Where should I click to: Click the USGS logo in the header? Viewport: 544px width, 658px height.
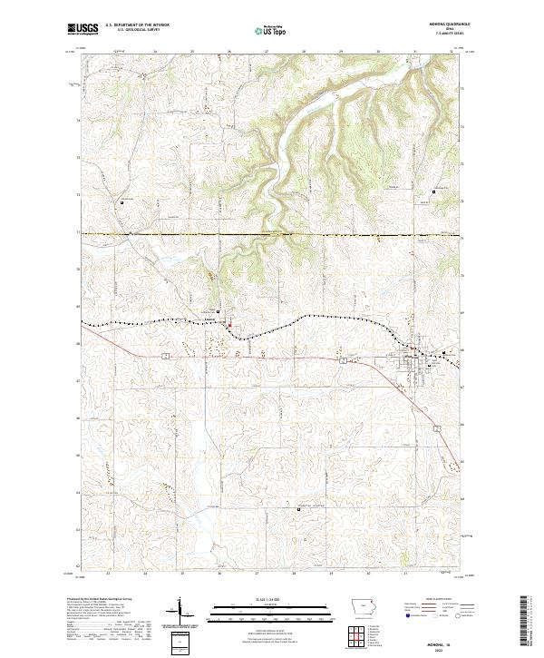(82, 30)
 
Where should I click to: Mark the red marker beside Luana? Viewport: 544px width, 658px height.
(228, 326)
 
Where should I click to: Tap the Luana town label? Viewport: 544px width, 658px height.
(209, 319)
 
